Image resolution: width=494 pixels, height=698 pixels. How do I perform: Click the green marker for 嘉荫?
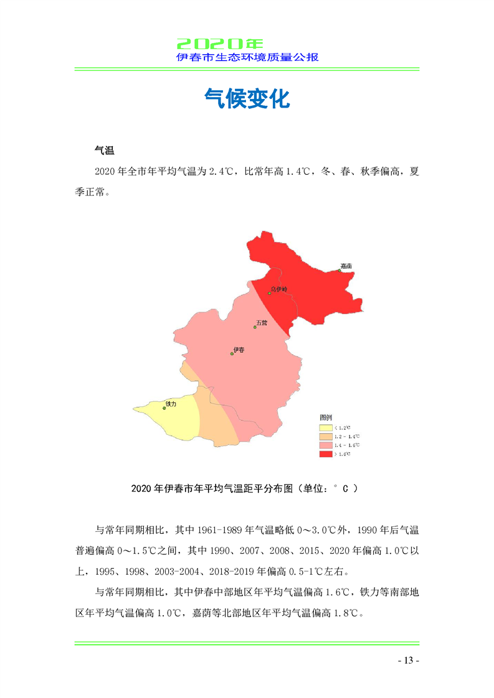click(340, 270)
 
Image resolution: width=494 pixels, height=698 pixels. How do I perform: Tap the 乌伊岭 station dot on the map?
click(269, 293)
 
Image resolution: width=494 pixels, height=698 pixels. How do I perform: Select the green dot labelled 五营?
click(255, 327)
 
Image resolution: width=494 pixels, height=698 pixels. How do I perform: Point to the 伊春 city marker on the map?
click(232, 354)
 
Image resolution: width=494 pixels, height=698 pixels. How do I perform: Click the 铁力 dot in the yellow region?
click(164, 408)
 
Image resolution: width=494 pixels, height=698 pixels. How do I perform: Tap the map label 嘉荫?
click(346, 266)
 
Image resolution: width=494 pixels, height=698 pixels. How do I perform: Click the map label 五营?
click(262, 323)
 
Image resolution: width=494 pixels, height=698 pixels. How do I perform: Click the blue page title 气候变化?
click(247, 98)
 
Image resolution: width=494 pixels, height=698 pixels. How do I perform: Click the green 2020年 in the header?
click(220, 44)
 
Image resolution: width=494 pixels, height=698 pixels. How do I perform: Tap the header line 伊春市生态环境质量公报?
click(247, 57)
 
